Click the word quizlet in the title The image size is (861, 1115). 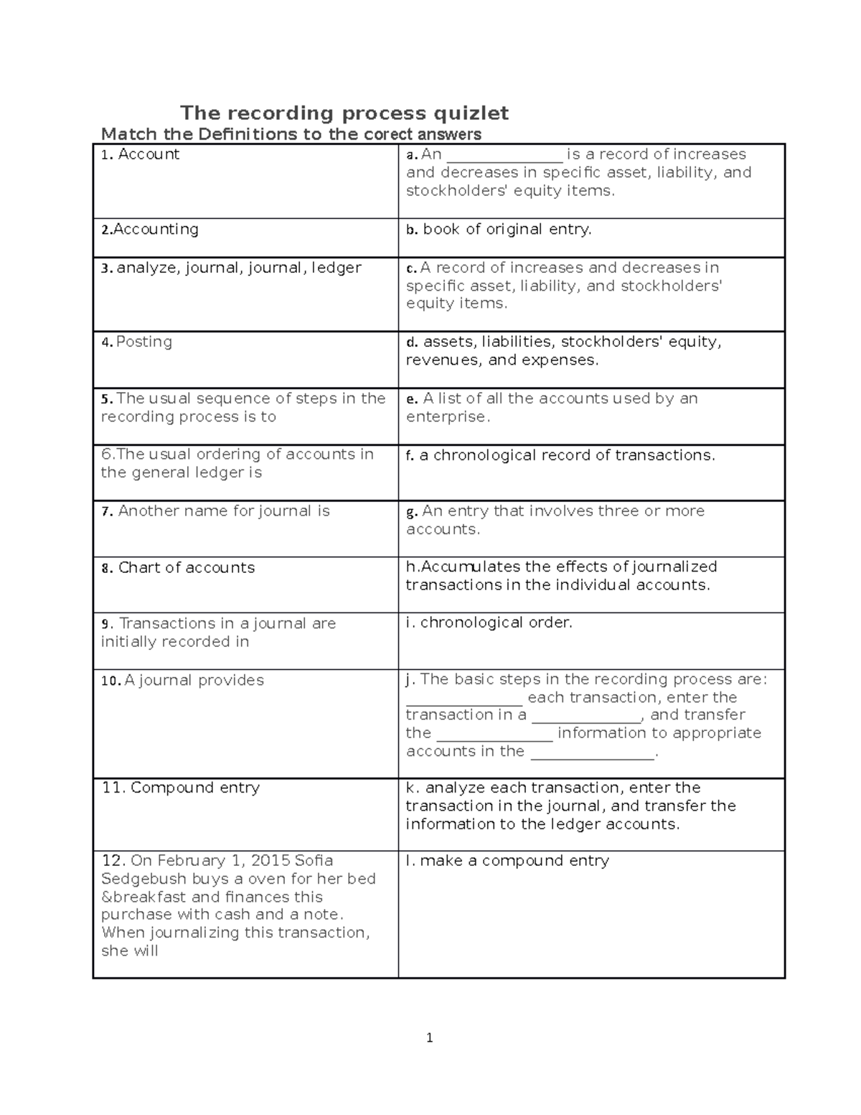pos(467,113)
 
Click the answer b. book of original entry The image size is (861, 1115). pos(499,229)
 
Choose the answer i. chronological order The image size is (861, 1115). pos(489,622)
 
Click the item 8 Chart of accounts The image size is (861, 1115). pos(178,568)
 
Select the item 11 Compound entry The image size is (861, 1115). pos(181,788)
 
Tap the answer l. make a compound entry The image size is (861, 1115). pos(507,861)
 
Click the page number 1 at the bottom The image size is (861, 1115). pos(429,1037)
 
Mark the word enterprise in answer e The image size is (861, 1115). pos(446,417)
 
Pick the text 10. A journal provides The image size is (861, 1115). pos(182,681)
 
